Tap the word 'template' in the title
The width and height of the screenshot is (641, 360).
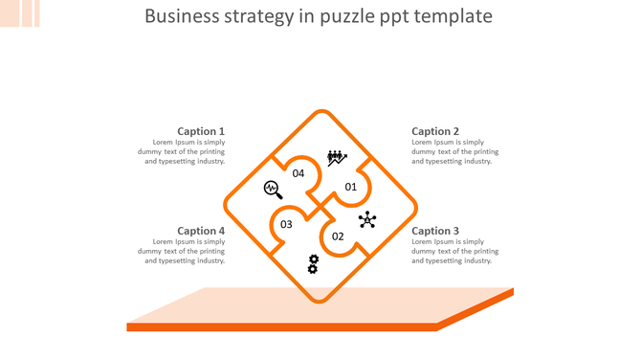[455, 17]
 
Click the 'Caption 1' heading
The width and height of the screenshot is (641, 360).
[201, 131]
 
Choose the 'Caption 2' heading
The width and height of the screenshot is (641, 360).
[435, 131]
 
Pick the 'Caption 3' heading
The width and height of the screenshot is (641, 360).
[435, 231]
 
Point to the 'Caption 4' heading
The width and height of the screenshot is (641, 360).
[201, 231]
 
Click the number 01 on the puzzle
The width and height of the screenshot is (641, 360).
[350, 187]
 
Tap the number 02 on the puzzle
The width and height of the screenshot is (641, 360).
[338, 236]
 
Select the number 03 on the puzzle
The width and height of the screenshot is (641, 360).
[286, 225]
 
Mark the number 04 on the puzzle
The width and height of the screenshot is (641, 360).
[298, 173]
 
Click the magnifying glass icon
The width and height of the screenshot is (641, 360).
[273, 189]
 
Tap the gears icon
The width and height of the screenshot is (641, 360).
[313, 263]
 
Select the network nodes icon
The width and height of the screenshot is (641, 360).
[367, 220]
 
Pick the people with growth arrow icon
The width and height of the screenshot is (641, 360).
[337, 157]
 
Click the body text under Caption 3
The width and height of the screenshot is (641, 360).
[454, 251]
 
